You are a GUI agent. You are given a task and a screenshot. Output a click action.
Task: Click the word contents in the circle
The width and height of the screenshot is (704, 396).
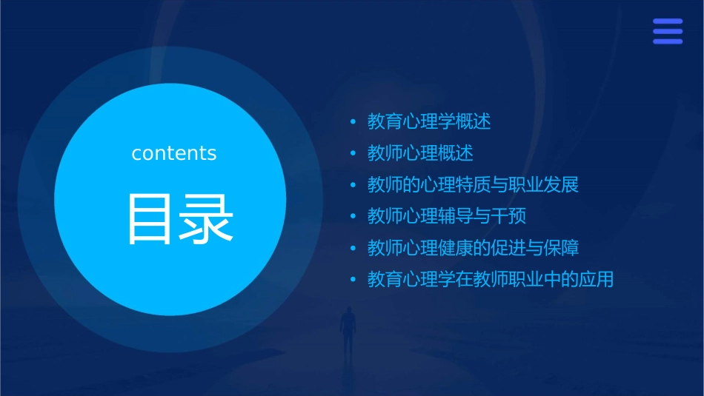174,153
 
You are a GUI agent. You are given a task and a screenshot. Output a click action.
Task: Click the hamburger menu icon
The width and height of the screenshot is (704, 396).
668,31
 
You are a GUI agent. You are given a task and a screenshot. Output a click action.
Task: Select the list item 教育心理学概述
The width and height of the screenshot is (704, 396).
429,121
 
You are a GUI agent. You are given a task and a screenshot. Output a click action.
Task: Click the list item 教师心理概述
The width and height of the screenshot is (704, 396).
420,153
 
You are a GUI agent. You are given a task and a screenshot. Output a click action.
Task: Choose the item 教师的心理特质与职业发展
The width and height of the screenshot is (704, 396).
473,184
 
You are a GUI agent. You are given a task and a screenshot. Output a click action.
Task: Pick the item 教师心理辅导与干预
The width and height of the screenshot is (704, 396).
447,216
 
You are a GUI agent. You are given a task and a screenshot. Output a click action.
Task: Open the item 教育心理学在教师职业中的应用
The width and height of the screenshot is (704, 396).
491,280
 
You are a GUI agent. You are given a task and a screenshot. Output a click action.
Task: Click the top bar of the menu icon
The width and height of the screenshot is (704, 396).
668,21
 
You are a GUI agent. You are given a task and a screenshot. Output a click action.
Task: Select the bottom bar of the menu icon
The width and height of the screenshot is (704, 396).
668,41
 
